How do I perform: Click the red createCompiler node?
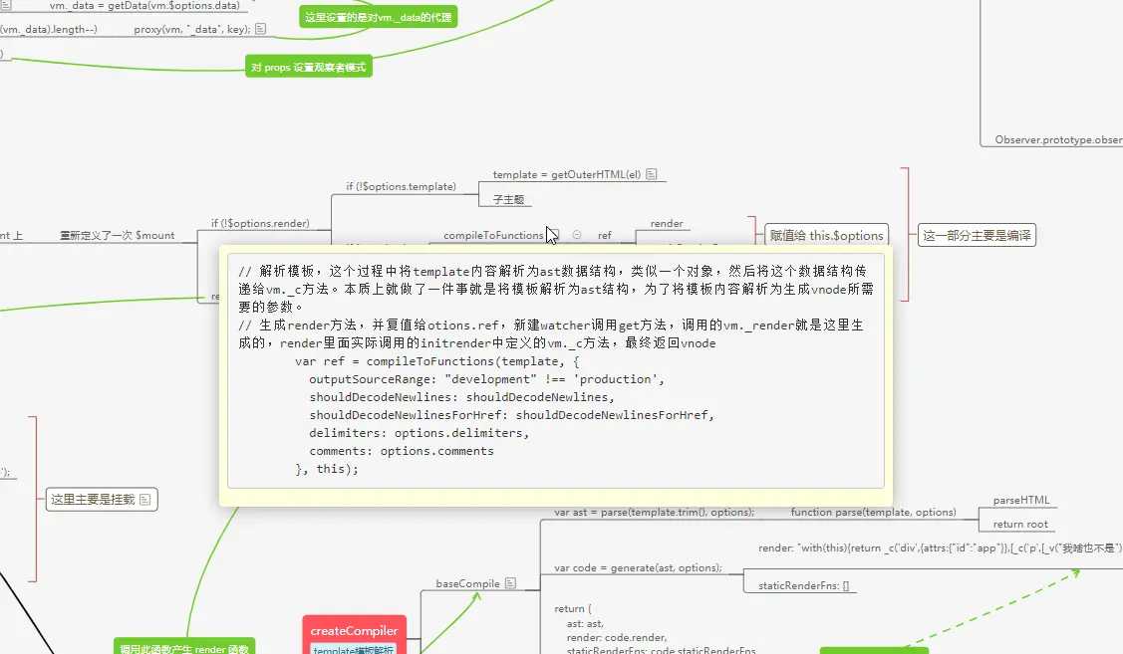[354, 630]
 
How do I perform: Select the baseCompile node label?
[468, 582]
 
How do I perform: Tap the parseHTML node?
[1020, 500]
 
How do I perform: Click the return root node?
[1020, 524]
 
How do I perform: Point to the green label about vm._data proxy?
[378, 17]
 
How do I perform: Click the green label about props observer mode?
[308, 68]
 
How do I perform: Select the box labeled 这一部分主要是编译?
[977, 235]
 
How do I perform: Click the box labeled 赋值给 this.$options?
[826, 235]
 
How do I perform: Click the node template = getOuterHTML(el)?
[568, 174]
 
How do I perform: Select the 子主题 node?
[508, 199]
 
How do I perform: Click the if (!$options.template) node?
[401, 186]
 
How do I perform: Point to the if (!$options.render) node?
[260, 223]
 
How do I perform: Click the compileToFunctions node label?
[493, 235]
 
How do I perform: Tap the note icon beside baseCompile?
[510, 582]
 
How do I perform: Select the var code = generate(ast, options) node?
[638, 567]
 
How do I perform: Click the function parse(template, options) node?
[873, 512]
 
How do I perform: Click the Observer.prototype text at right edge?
[1057, 140]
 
